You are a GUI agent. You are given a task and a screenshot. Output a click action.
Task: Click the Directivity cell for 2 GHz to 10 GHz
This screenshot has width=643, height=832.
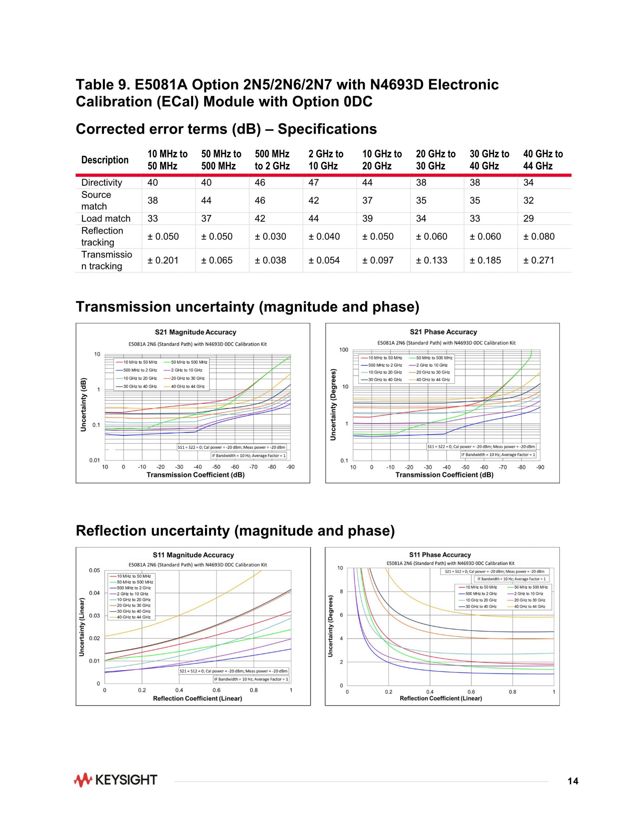point(313,183)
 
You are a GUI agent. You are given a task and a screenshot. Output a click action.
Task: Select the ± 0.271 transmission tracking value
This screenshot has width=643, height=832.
point(539,260)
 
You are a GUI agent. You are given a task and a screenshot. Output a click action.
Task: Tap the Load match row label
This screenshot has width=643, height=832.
point(105,218)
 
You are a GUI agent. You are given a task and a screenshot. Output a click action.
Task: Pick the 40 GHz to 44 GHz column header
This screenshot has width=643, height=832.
point(543,160)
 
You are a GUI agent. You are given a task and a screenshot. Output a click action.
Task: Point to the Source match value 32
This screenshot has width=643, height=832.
point(528,200)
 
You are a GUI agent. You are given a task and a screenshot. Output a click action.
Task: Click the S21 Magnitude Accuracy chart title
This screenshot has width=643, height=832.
point(196,332)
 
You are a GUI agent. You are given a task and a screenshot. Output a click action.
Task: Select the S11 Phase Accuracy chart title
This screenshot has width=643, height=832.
point(440,555)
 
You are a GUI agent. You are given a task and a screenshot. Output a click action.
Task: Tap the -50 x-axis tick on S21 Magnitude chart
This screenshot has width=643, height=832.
point(216,467)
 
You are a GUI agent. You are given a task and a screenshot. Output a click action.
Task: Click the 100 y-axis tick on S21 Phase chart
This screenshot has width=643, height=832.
point(344,350)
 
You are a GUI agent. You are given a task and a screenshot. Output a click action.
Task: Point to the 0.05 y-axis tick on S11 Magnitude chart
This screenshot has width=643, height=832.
point(94,570)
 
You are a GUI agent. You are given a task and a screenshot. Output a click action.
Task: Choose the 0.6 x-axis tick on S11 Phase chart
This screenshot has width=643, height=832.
point(471,691)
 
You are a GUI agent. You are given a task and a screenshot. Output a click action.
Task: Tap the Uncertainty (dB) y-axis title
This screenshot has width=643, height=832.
point(83,405)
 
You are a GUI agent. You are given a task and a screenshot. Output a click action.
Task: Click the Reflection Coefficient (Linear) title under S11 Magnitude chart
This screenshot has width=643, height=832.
point(197,698)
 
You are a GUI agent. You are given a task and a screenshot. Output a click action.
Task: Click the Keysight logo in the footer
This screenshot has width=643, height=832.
point(116,780)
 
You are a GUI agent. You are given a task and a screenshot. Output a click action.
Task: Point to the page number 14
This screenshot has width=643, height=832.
point(573,781)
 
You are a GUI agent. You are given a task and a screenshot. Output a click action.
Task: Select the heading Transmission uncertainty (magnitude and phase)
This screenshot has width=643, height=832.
point(247,307)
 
